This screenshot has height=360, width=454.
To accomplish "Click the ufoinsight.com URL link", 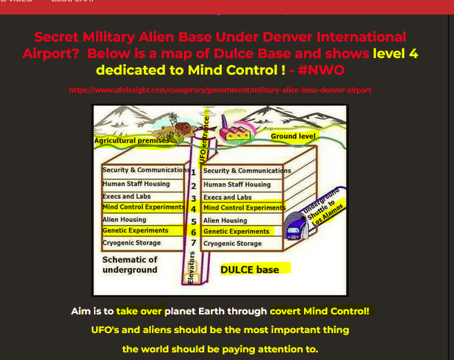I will coord(220,90).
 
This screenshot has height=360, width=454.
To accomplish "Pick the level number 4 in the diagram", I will coord(194,209).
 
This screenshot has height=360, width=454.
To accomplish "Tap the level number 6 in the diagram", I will coord(194,232).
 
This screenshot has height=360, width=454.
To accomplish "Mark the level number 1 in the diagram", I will coord(194,171).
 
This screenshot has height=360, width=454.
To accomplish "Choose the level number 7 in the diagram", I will coord(194,243).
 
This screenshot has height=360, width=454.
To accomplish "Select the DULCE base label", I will coord(249,269).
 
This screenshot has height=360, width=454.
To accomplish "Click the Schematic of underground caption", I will coord(130,265).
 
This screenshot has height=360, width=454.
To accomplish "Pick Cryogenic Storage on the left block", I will coord(131,243).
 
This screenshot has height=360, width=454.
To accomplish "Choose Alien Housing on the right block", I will coord(225,220).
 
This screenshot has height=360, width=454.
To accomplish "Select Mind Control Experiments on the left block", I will coord(143,207).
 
